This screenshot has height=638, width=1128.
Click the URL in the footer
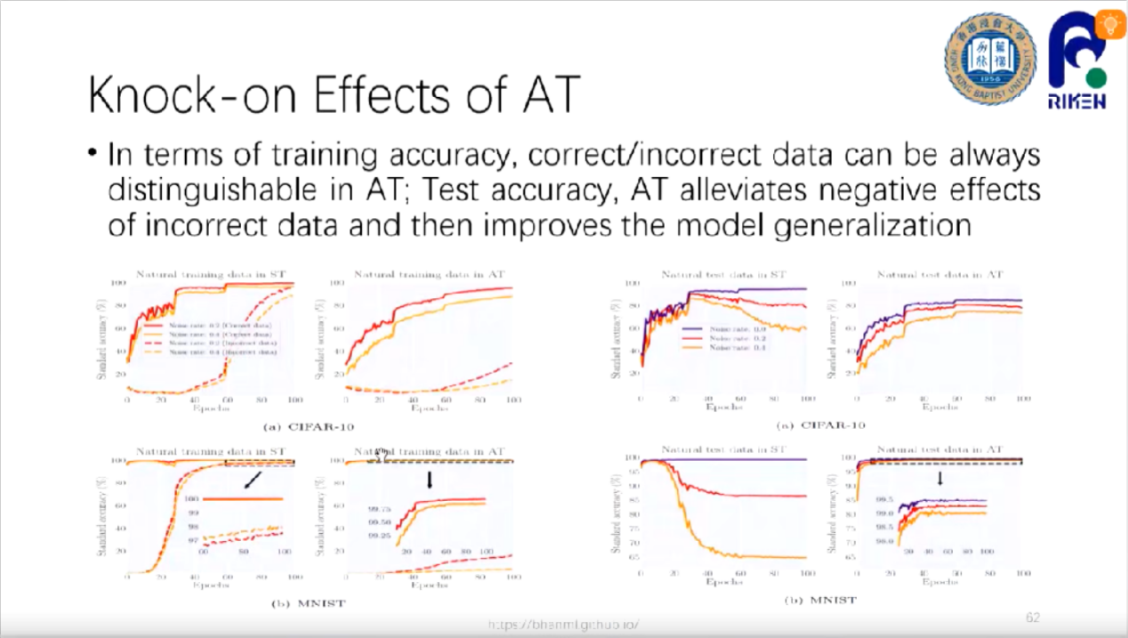(x=563, y=625)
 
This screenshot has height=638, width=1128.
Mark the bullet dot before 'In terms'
(x=93, y=155)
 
